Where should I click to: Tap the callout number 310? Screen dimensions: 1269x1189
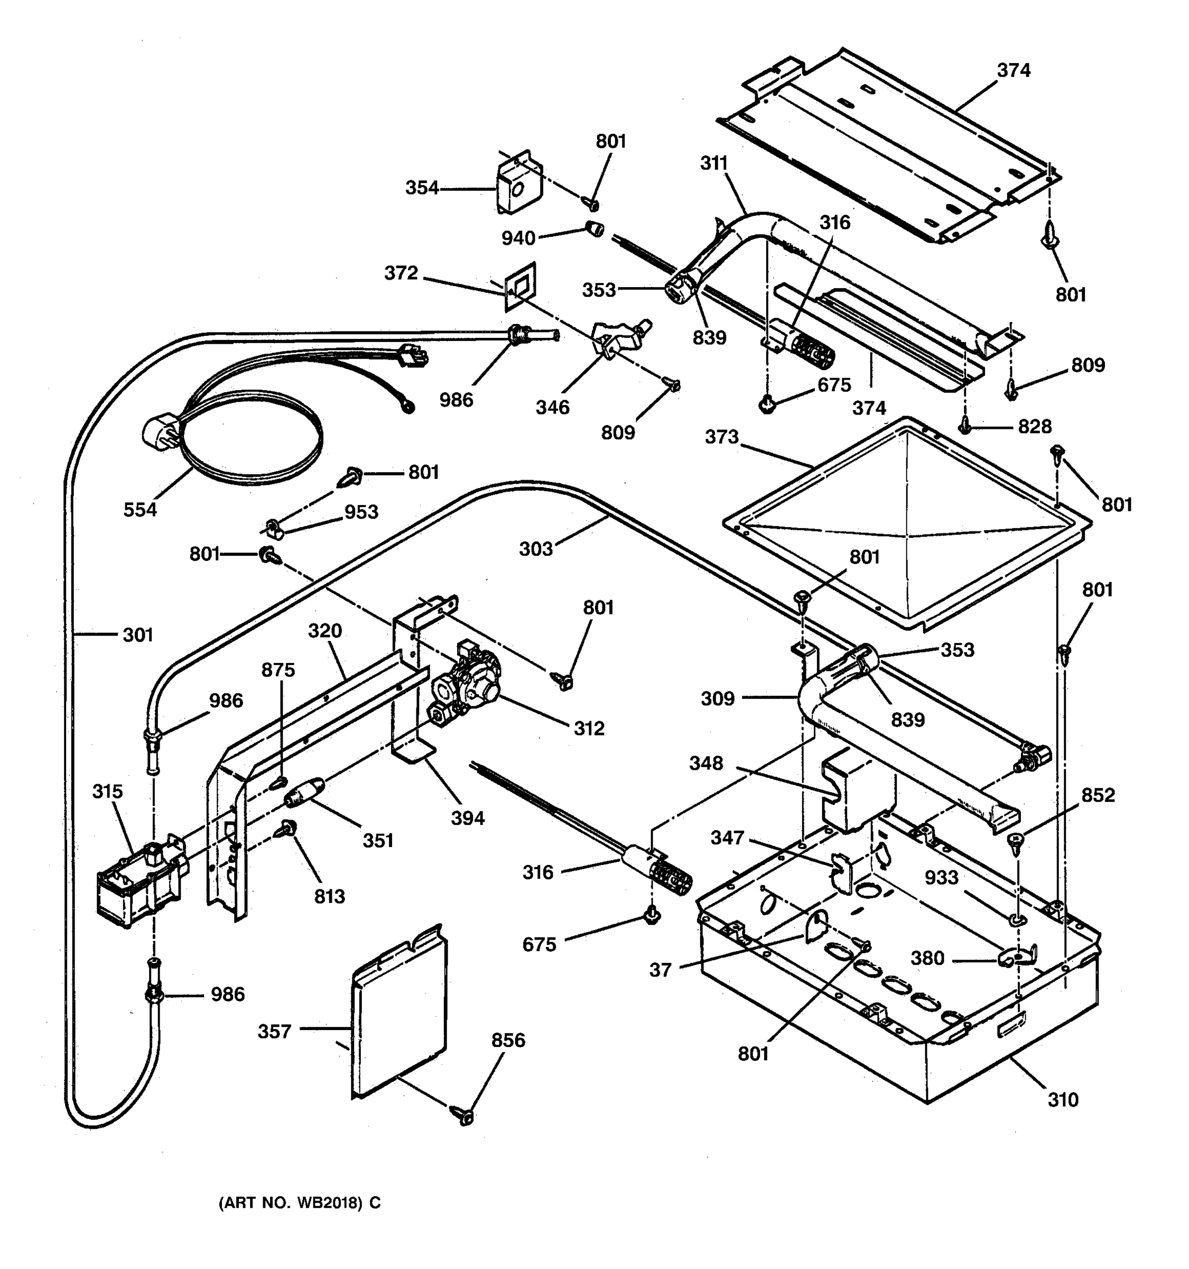1063,1099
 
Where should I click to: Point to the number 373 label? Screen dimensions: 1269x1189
721,437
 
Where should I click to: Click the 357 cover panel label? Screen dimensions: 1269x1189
274,1032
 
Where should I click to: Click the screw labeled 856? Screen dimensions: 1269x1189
465,1116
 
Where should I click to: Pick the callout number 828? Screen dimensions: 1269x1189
1034,426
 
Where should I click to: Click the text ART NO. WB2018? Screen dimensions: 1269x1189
300,1203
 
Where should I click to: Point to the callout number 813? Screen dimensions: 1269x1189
329,896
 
